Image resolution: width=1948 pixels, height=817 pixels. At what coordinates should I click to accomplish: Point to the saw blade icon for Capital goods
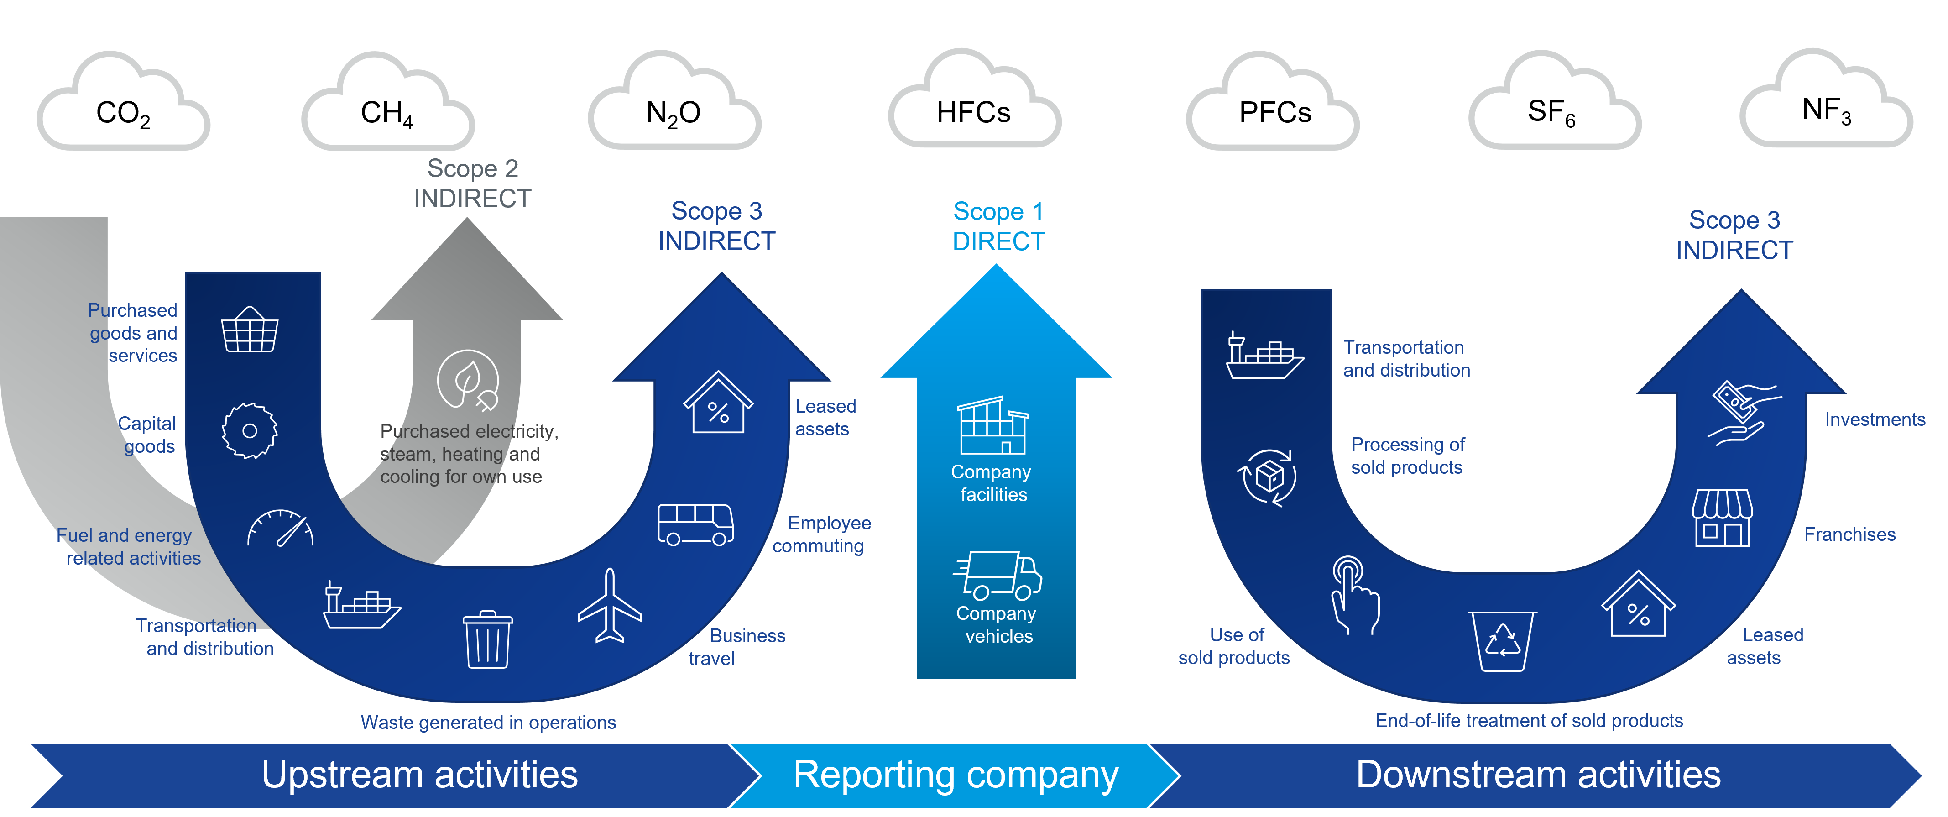click(x=250, y=430)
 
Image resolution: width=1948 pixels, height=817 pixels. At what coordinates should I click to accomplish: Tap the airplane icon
click(x=610, y=606)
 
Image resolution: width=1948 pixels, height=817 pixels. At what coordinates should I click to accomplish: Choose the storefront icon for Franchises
click(x=1722, y=518)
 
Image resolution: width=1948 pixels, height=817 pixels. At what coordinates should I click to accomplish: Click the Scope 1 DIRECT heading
click(x=998, y=226)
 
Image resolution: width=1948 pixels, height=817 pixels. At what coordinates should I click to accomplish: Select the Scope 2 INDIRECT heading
click(x=473, y=183)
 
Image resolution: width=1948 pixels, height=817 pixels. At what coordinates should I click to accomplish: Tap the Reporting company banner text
click(x=956, y=775)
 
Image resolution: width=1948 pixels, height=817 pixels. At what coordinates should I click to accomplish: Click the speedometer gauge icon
click(x=280, y=528)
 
